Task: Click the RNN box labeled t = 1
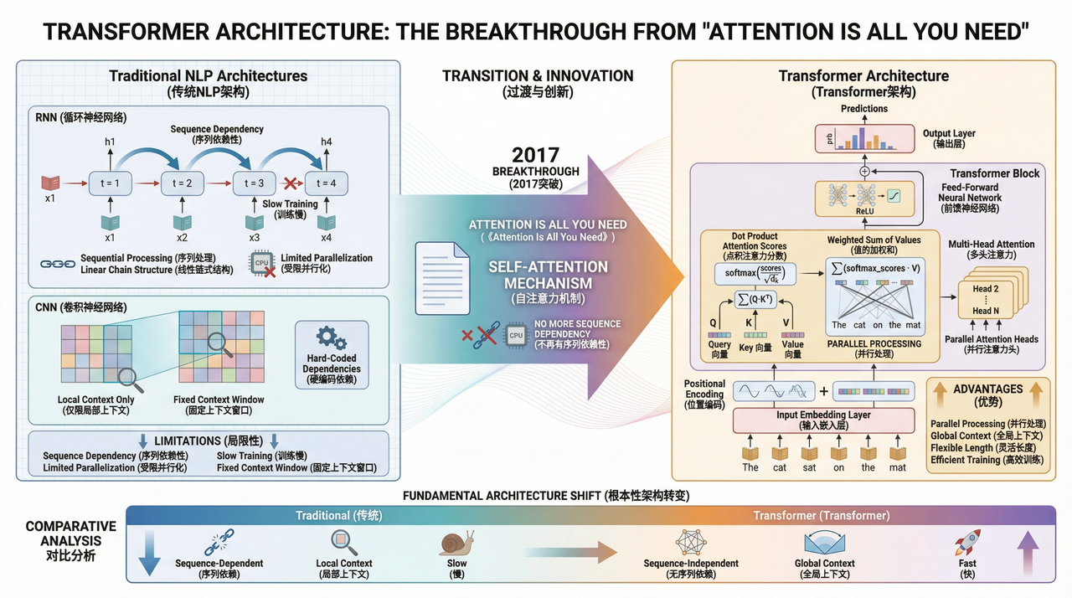(x=111, y=183)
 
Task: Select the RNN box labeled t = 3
(x=255, y=183)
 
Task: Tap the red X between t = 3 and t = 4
(x=291, y=183)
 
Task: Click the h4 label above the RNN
(x=326, y=142)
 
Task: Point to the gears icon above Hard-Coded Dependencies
(x=332, y=339)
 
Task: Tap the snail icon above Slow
(x=456, y=543)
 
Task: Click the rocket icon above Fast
(x=968, y=543)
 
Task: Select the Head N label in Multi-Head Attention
(x=987, y=311)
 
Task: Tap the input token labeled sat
(x=809, y=467)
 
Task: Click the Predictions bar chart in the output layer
(x=864, y=137)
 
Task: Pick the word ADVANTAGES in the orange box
(x=988, y=389)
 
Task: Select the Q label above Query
(x=714, y=322)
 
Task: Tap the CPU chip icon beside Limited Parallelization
(x=262, y=264)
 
